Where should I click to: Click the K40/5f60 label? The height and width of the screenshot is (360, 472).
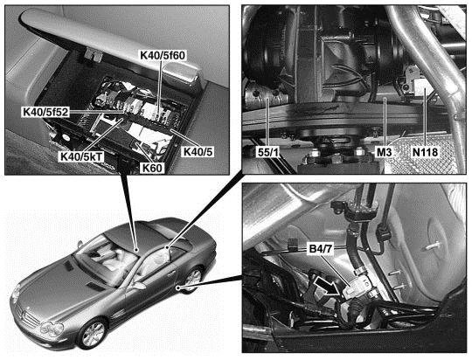(163, 55)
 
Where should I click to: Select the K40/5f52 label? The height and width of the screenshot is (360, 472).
(46, 112)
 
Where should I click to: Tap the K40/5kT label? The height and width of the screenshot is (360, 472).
(82, 156)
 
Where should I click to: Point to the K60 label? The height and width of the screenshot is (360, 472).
(153, 168)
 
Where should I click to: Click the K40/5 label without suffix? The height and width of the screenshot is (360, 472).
(198, 152)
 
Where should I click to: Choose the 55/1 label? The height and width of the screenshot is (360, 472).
(268, 152)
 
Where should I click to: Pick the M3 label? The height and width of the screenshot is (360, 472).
(385, 152)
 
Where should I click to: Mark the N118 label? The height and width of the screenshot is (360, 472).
(425, 152)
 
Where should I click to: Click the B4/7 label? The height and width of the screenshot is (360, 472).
(320, 250)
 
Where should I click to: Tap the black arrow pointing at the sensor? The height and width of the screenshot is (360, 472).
(329, 287)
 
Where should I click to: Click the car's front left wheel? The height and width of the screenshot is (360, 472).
(92, 334)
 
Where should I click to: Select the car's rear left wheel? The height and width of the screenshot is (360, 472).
(192, 279)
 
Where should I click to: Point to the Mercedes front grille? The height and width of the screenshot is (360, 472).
(29, 315)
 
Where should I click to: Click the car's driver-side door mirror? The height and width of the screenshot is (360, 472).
(139, 286)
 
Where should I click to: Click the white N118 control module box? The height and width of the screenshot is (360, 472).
(425, 87)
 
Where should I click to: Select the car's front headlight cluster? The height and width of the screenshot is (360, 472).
(52, 328)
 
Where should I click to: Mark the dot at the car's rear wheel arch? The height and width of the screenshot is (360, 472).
(178, 287)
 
